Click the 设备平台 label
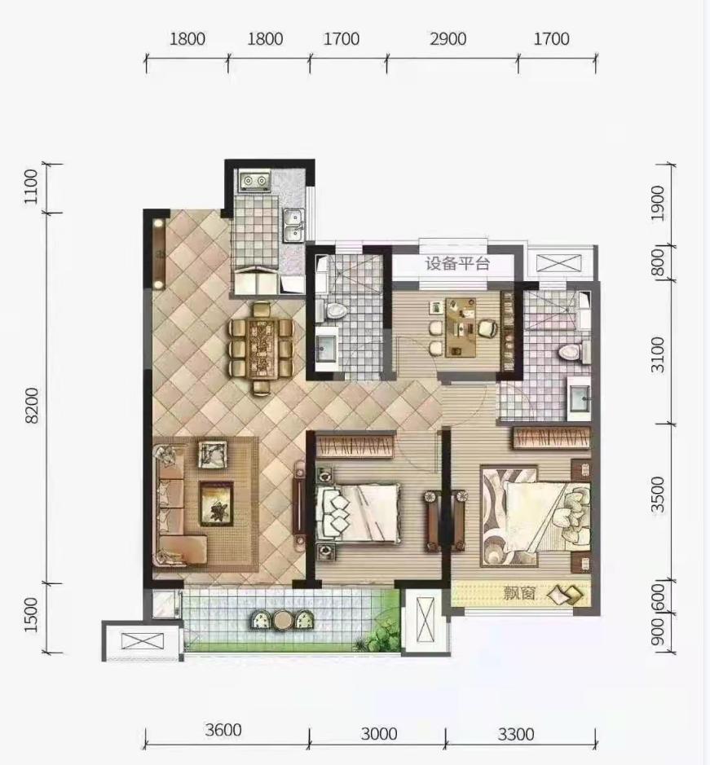[x=457, y=264]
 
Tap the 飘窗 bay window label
[x=519, y=593]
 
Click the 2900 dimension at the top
[x=448, y=39]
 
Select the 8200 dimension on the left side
[x=31, y=406]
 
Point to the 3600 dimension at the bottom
[x=223, y=730]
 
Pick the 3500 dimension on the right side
[x=659, y=494]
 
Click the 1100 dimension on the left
[x=30, y=187]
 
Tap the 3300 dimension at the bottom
[x=516, y=734]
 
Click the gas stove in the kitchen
[x=255, y=182]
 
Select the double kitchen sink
[x=294, y=226]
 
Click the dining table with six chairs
[x=262, y=348]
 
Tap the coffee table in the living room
[x=216, y=503]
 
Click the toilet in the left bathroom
[x=333, y=310]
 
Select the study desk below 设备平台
[x=461, y=327]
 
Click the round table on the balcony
[x=283, y=620]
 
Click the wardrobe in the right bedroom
[x=551, y=437]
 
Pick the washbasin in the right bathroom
[x=579, y=398]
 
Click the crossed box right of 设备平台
[x=559, y=263]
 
